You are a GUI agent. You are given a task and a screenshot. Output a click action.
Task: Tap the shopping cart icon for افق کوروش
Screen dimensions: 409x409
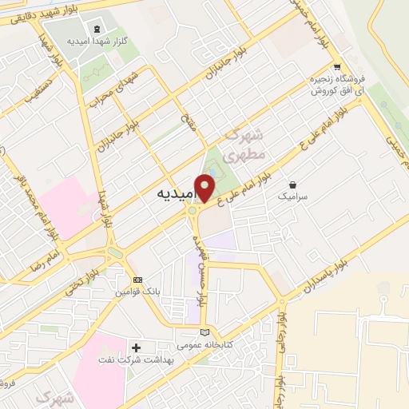point(337,67)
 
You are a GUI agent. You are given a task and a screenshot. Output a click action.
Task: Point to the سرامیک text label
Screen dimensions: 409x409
point(292,196)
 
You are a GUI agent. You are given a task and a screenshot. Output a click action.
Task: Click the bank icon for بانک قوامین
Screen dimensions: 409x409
point(137,280)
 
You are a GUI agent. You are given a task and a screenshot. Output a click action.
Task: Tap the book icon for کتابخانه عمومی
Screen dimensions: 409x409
point(205,332)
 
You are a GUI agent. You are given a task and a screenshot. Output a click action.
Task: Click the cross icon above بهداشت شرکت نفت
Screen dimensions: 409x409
point(136,348)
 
